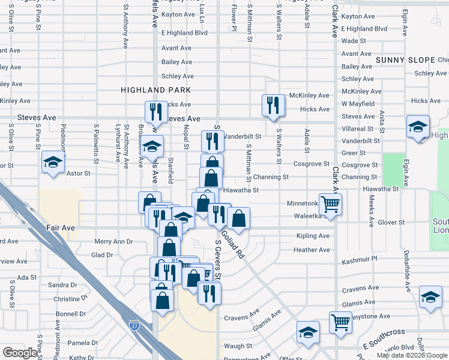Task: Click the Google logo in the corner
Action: tap(19, 353)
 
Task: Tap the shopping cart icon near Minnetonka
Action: tap(330, 204)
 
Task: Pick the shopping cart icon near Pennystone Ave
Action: tap(340, 322)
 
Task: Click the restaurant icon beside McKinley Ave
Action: tap(273, 104)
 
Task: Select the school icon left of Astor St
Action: tap(53, 162)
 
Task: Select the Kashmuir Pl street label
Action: tap(359, 259)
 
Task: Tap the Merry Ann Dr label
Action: tap(113, 241)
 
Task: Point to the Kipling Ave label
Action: tap(313, 236)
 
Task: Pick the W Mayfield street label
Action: tap(358, 104)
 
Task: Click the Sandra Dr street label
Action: tap(62, 285)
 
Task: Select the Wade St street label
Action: tap(354, 41)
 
